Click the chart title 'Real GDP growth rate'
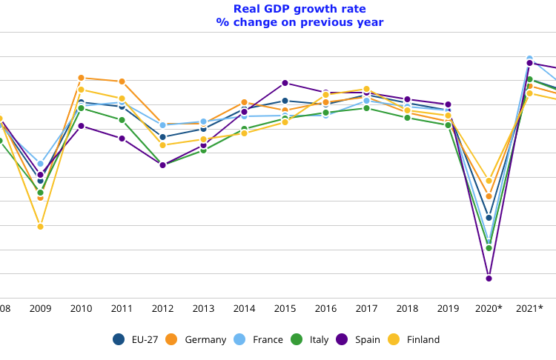click(299, 9)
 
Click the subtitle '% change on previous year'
click(299, 22)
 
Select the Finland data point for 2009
click(41, 226)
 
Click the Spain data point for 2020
click(489, 278)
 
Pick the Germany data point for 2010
click(82, 78)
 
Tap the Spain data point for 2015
click(285, 83)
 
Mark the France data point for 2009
click(41, 164)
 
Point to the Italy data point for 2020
click(489, 247)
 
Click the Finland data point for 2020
click(489, 181)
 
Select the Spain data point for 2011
click(122, 139)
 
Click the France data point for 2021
click(530, 59)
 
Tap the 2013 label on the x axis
click(204, 308)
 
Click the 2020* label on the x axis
click(489, 308)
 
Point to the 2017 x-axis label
click(367, 308)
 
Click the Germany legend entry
click(196, 339)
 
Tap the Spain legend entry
click(357, 339)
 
